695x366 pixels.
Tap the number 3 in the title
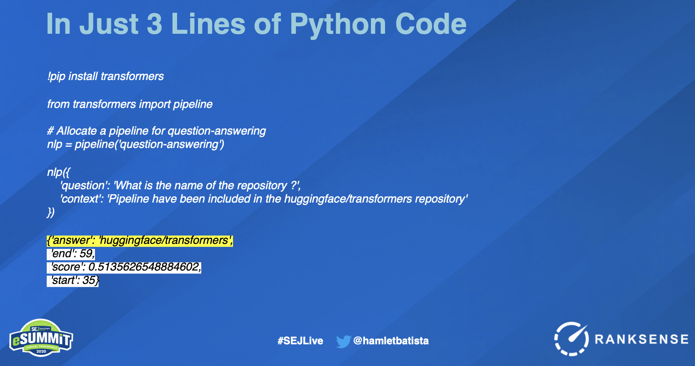pos(154,24)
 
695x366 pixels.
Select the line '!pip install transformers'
pos(105,76)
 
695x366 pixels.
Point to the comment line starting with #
pos(156,131)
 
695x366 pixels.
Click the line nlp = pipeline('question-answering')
pos(135,144)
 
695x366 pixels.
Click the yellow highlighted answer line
pos(140,241)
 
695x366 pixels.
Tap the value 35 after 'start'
pos(89,280)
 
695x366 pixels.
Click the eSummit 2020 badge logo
pos(41,338)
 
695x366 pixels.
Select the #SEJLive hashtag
pos(300,341)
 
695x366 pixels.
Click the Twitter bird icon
pos(343,341)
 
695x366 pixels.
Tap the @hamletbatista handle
pos(391,341)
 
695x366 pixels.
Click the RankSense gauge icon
pos(571,338)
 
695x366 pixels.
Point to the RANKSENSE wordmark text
pos(642,339)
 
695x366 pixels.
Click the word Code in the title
pos(431,24)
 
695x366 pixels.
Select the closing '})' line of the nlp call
pos(51,213)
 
